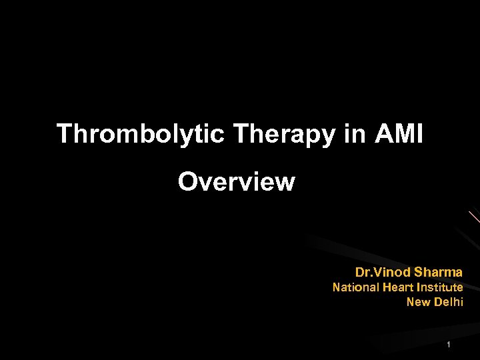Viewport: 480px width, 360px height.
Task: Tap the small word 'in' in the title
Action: point(355,134)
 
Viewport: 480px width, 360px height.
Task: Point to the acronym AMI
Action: point(399,134)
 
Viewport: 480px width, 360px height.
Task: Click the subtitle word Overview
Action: point(236,181)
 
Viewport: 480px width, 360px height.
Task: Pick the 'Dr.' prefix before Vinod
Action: point(363,272)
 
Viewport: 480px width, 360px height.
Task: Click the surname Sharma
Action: point(438,272)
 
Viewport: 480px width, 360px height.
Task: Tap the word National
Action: point(356,287)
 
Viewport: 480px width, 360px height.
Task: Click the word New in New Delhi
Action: point(418,302)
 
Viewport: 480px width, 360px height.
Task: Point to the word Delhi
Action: point(448,302)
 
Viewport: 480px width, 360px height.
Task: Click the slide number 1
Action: point(449,345)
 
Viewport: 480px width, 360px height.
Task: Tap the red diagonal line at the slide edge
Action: point(473,217)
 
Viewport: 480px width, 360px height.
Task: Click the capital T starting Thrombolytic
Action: point(65,134)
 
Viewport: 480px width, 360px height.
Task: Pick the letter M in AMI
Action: point(401,134)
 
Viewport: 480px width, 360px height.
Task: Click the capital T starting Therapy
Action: point(241,134)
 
